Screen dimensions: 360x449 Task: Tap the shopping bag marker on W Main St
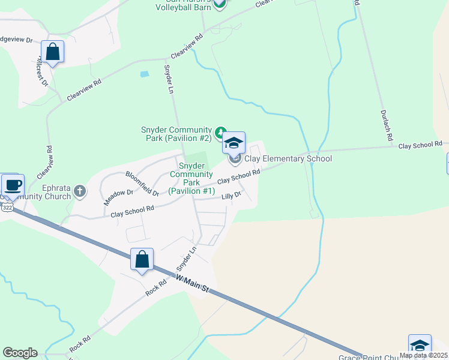pyautogui.click(x=142, y=260)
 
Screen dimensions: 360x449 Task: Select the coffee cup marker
pyautogui.click(x=12, y=185)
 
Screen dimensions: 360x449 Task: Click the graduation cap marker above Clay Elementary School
pyautogui.click(x=234, y=143)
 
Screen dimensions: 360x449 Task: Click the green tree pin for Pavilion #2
pyautogui.click(x=220, y=131)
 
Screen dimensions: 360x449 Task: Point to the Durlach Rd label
pyautogui.click(x=386, y=125)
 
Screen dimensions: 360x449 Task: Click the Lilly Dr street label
pyautogui.click(x=231, y=195)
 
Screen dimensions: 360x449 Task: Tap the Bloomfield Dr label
pyautogui.click(x=142, y=184)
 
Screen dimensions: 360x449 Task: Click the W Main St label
pyautogui.click(x=192, y=283)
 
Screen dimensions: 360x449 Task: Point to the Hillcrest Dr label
pyautogui.click(x=43, y=70)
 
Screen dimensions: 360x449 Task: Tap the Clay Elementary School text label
pyautogui.click(x=288, y=159)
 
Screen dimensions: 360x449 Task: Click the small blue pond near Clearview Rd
pyautogui.click(x=144, y=74)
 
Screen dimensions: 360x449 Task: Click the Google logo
pyautogui.click(x=20, y=353)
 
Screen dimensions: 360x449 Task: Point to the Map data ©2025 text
pyautogui.click(x=423, y=355)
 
